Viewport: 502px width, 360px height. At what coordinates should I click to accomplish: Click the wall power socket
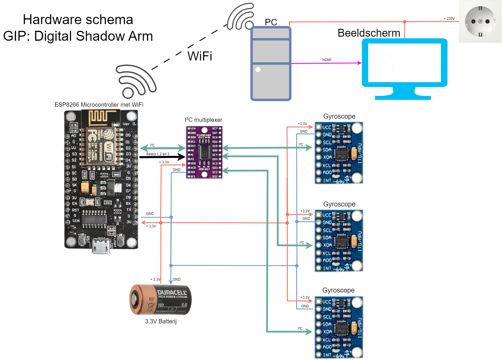click(x=480, y=22)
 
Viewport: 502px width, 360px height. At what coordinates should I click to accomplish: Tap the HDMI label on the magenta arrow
click(x=327, y=60)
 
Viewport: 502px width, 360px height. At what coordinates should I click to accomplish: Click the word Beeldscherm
click(x=369, y=33)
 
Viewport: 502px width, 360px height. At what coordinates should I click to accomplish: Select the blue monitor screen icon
click(x=404, y=69)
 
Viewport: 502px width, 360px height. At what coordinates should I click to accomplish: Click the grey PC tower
click(x=271, y=64)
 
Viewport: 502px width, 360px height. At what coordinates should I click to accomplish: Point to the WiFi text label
click(x=200, y=56)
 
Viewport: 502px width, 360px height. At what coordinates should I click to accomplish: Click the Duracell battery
click(x=160, y=300)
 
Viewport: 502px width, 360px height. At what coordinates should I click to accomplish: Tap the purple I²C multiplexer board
click(x=204, y=152)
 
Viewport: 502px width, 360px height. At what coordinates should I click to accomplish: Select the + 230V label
click(x=449, y=19)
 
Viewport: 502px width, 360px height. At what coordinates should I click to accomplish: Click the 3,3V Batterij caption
click(x=161, y=321)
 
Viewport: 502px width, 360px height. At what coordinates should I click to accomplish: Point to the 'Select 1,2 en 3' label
click(x=158, y=154)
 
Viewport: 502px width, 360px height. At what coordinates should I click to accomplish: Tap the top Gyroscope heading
click(x=339, y=116)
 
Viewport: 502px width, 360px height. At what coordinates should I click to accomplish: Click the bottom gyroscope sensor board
click(x=339, y=327)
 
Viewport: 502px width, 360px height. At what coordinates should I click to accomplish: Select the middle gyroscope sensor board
click(x=339, y=240)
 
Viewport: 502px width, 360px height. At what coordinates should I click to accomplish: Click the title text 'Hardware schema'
click(x=78, y=20)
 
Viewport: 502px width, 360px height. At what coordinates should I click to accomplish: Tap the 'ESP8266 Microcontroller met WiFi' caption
click(x=99, y=105)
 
